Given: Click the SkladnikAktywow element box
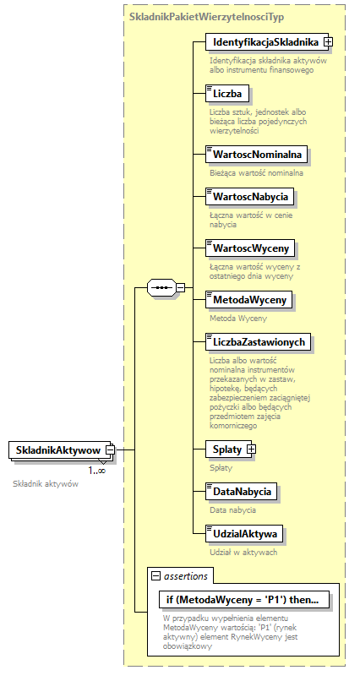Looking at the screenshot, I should click(57, 450).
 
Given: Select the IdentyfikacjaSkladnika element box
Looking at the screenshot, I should click(265, 41).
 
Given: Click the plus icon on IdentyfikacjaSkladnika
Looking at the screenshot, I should click(328, 41).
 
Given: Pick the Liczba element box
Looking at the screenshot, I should click(226, 93).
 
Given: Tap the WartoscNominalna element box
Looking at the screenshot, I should click(258, 154).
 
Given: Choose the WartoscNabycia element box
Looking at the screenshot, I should click(251, 197).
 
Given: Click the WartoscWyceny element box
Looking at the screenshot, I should click(251, 248).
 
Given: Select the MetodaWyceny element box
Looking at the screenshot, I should click(250, 300).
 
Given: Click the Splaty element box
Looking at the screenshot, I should click(226, 449).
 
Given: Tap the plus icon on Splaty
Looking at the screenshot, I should click(251, 449).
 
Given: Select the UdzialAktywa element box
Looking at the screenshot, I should click(245, 534).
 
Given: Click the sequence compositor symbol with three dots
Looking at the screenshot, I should click(161, 288).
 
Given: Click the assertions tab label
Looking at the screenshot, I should click(185, 575).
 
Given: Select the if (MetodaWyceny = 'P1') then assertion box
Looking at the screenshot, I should click(243, 600).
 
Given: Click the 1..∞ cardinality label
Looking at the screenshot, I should click(97, 471).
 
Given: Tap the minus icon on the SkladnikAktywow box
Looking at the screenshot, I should click(109, 450).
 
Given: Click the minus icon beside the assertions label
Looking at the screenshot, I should click(155, 575).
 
